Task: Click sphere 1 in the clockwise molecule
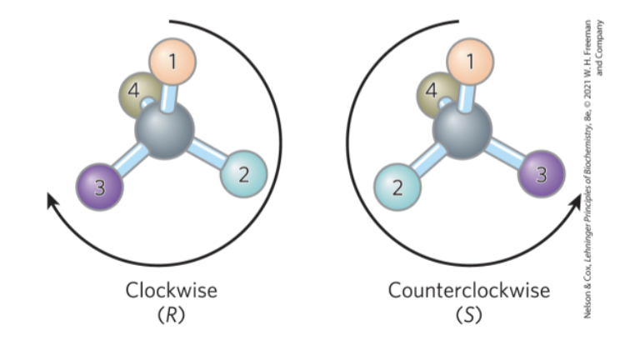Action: (x=172, y=62)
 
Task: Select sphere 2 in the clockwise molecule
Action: (x=243, y=174)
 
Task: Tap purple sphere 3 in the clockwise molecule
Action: (x=100, y=187)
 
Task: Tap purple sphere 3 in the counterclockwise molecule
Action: (x=542, y=174)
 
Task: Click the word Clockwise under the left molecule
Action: (x=171, y=291)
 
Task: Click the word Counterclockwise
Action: (x=469, y=291)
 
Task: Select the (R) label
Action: (x=171, y=316)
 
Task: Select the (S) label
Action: (x=468, y=316)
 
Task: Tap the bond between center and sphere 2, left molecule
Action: (x=207, y=152)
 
